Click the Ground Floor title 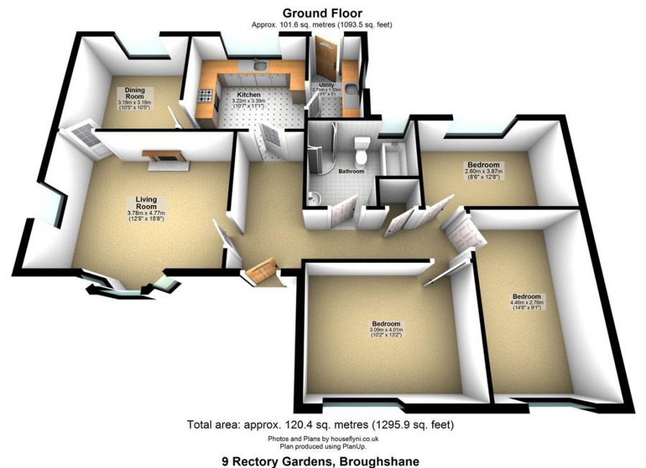[322, 13]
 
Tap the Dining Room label [135, 90]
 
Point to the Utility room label [327, 85]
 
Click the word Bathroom [352, 171]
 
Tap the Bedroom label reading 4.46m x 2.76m [526, 296]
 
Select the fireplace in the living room [164, 157]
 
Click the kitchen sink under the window [259, 67]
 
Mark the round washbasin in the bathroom [313, 197]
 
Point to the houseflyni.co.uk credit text [322, 439]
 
